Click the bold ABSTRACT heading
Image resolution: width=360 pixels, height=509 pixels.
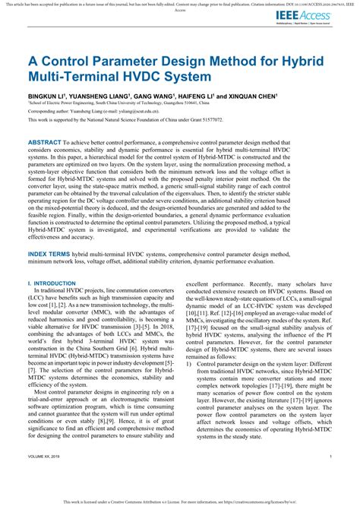coord(49,142)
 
